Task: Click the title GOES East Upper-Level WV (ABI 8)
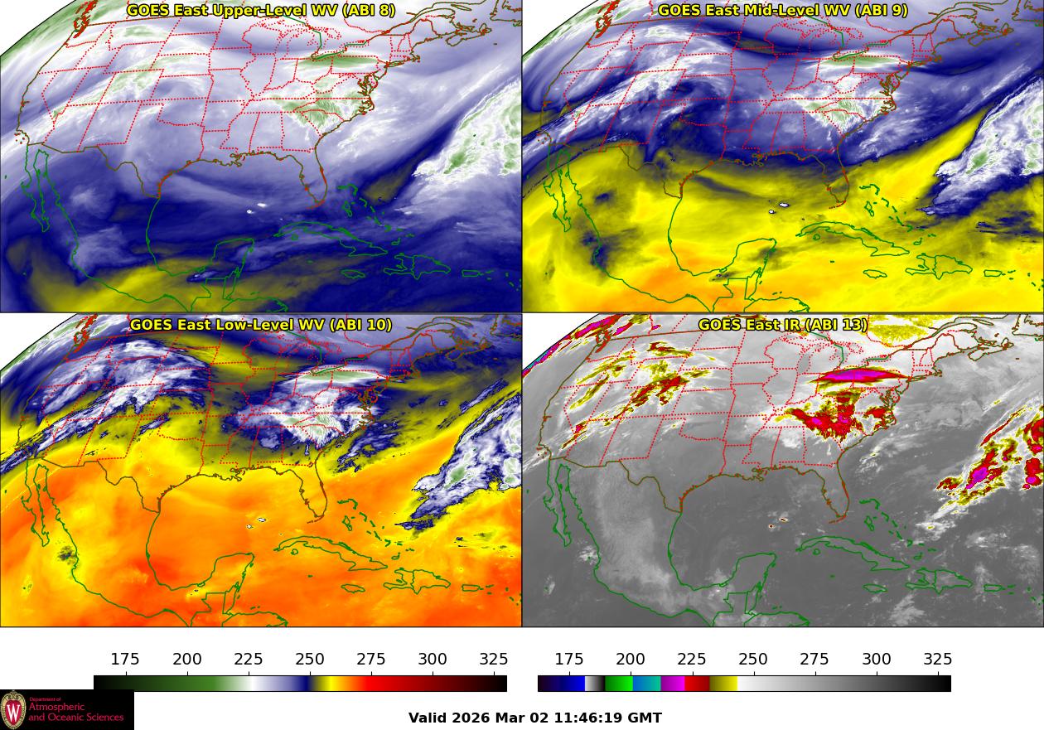coord(261,11)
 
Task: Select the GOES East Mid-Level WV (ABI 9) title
coord(783,11)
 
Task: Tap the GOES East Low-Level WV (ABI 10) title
coord(261,325)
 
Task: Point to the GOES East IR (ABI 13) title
coord(783,325)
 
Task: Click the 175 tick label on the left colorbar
coord(125,660)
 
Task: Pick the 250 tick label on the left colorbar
coord(310,660)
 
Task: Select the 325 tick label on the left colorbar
coord(494,660)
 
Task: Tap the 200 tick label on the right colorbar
coord(631,660)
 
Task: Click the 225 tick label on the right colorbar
coord(692,660)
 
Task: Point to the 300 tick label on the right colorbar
coord(877,660)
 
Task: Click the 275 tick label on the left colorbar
coord(371,660)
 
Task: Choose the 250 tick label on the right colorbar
coord(753,660)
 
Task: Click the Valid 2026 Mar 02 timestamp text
coord(535,718)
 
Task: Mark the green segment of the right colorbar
coord(618,684)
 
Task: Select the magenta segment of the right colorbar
coord(673,684)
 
